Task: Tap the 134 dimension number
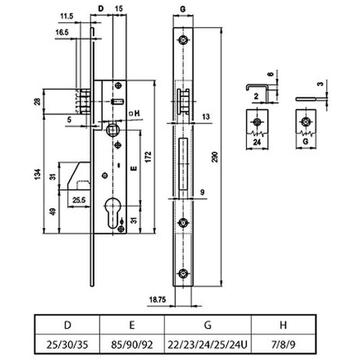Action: (x=38, y=174)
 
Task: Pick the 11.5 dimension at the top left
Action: (x=66, y=17)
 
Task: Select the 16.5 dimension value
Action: (x=62, y=33)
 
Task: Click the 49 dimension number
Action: (x=53, y=211)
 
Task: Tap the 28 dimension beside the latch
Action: (x=38, y=101)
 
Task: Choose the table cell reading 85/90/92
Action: (x=132, y=345)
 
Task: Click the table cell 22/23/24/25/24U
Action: (x=207, y=345)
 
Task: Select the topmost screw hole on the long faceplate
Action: (x=183, y=40)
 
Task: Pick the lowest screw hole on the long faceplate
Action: (x=183, y=274)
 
